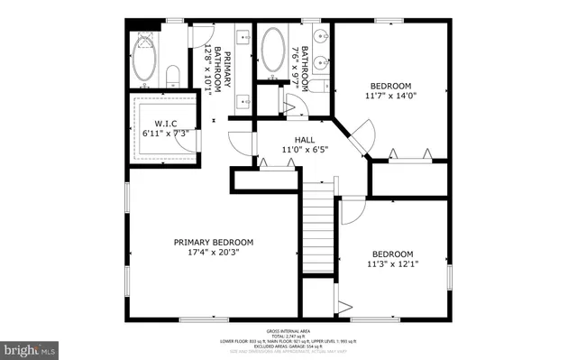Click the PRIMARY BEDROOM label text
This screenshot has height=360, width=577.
coord(214,242)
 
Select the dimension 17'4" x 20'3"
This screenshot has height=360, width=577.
coord(214,254)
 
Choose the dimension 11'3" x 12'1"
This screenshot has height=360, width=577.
coord(392,264)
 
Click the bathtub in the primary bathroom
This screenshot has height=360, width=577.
coord(145,58)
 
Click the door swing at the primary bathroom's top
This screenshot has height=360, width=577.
coord(198,34)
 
